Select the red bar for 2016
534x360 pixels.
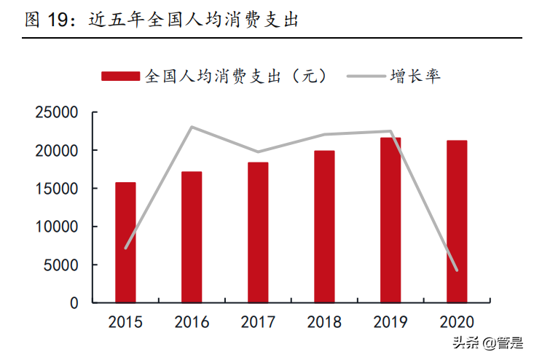point(192,237)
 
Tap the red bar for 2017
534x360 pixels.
point(258,232)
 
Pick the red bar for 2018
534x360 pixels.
point(324,226)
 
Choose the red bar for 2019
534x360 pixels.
point(390,219)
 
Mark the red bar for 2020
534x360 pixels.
point(457,221)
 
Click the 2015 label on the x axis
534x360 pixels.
point(125,322)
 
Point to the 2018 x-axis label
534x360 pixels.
point(324,322)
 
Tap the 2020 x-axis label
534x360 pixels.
point(457,322)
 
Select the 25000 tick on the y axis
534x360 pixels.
point(57,113)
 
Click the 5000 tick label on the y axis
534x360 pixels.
point(61,265)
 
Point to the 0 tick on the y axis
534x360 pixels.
point(74,302)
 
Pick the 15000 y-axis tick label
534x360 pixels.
point(57,189)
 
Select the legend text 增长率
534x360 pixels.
point(415,76)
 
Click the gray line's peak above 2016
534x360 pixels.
point(192,127)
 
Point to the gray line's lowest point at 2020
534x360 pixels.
point(457,270)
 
